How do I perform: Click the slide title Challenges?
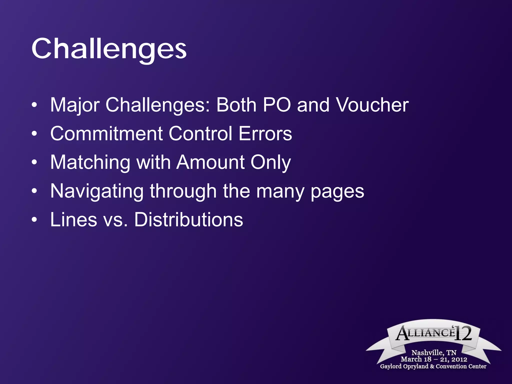[x=109, y=49]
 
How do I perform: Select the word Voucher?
[x=372, y=105]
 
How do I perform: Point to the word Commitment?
[x=106, y=133]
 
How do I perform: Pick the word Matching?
[x=90, y=162]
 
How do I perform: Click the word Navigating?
[x=97, y=191]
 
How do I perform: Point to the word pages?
[x=337, y=191]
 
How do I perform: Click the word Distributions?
[x=188, y=220]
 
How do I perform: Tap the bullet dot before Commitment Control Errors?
[x=34, y=134]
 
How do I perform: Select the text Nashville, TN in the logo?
[x=434, y=352]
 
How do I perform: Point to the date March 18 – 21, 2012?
[x=434, y=359]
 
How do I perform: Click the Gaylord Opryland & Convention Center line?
[x=433, y=366]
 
